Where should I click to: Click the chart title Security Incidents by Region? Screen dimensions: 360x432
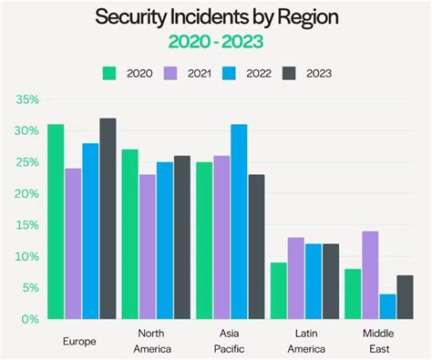(215, 17)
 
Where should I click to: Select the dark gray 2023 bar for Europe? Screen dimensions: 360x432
(108, 219)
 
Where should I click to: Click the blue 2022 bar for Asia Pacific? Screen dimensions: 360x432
(239, 221)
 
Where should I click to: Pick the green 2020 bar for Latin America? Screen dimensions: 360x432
(278, 291)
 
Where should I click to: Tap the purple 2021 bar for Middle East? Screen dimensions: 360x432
(369, 275)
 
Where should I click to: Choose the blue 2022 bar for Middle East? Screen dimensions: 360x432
(387, 306)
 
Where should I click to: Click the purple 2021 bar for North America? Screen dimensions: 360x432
(147, 246)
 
